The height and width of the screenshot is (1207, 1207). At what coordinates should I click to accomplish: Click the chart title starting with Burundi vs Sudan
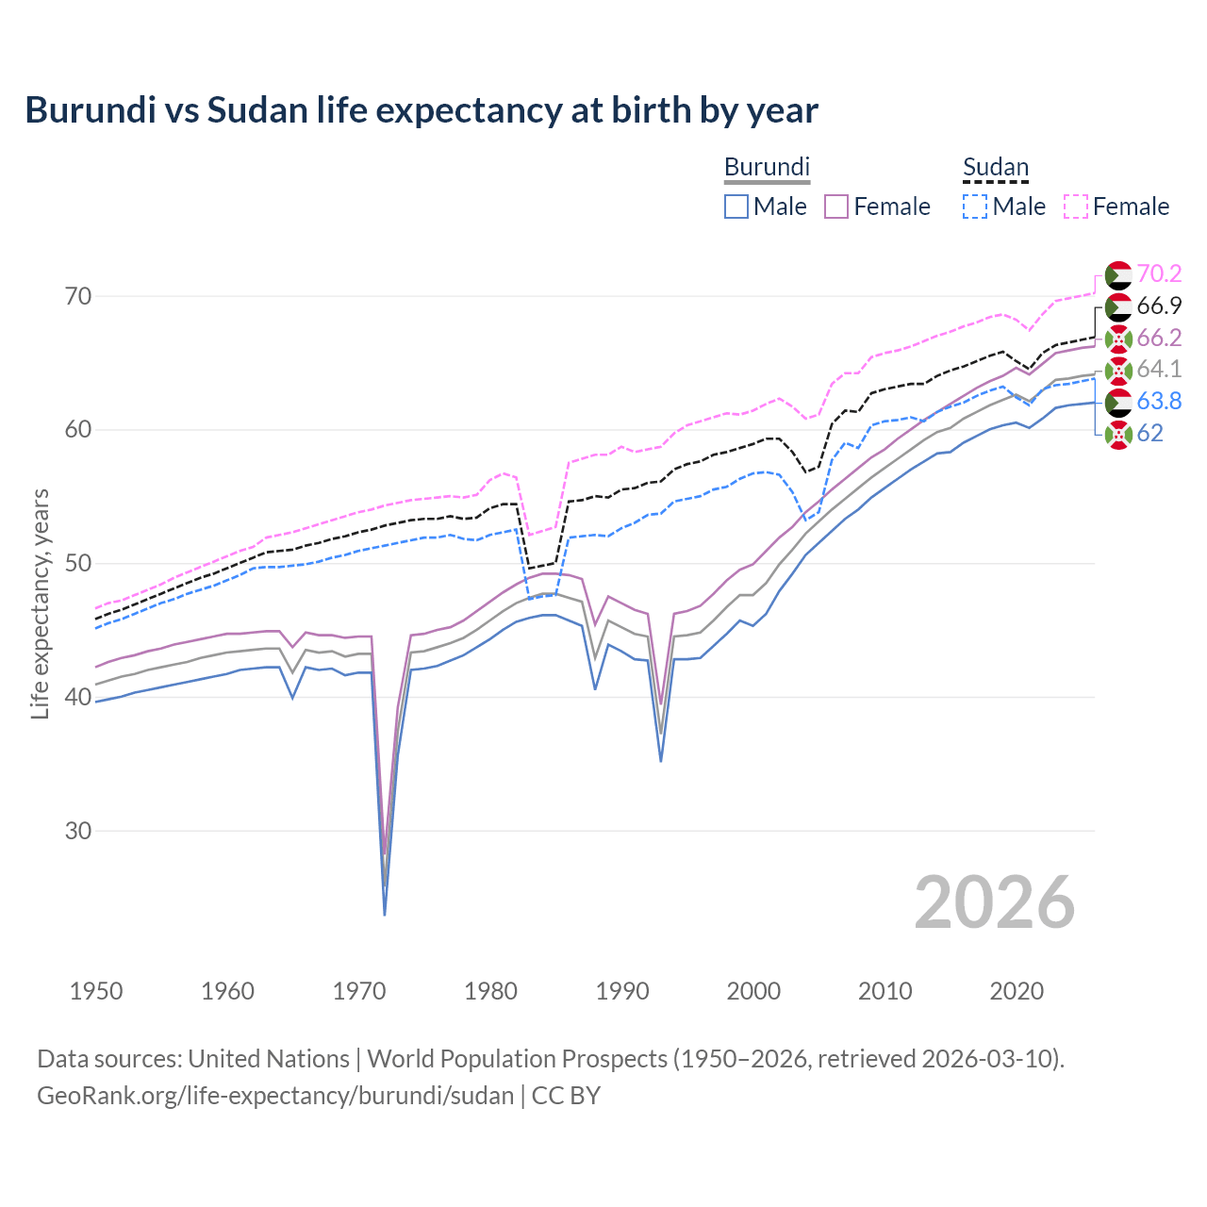coord(421,110)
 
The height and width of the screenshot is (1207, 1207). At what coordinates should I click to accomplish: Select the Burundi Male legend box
coord(736,207)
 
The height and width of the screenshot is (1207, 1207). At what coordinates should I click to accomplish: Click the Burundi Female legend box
coord(836,207)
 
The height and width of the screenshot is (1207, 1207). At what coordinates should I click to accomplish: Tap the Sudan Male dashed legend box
coord(975,207)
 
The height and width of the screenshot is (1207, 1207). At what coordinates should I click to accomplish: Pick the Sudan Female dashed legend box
coord(1076,207)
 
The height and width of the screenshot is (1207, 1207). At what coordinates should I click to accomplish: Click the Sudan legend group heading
coord(995,168)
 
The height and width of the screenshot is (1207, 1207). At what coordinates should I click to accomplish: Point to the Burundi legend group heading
coord(767,168)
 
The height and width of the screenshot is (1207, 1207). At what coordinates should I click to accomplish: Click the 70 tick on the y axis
coord(78,296)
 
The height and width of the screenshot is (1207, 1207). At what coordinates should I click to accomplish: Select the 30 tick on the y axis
coord(78,831)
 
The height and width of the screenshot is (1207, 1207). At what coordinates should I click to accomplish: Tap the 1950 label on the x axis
coord(96,991)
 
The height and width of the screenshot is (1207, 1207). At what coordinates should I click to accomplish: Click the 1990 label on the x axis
coord(622,991)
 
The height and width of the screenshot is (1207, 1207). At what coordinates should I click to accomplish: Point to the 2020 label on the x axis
coord(1017,991)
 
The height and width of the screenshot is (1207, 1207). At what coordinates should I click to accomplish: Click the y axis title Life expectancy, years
coord(40,603)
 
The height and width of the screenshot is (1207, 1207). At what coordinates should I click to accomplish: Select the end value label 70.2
coord(1159,273)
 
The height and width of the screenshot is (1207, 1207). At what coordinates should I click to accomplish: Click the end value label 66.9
coord(1159,306)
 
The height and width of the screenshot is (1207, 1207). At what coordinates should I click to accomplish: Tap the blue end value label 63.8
coord(1159,401)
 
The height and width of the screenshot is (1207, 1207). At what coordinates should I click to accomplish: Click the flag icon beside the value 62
coord(1118,434)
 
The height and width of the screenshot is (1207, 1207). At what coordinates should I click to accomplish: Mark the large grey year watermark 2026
coord(994,902)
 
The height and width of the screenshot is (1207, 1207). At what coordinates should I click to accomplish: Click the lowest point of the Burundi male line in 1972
coord(385,914)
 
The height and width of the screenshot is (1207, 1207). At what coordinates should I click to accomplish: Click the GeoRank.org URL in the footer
coord(275,1096)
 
